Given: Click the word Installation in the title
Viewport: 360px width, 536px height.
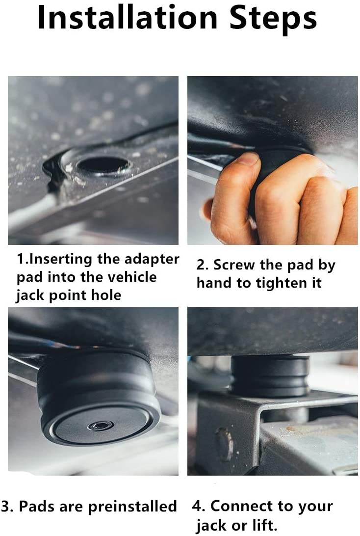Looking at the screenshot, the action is [x=128, y=17].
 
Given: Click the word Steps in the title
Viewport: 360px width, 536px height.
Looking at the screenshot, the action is [x=273, y=19].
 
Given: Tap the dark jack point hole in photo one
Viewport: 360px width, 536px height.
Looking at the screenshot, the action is [x=103, y=165].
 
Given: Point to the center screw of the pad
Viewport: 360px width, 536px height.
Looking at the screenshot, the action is [x=101, y=426].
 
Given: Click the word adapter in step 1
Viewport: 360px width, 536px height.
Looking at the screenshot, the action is [x=152, y=260].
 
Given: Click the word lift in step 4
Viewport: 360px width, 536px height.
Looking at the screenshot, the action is [x=265, y=525].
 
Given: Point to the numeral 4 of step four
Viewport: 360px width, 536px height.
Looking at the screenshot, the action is [x=197, y=506].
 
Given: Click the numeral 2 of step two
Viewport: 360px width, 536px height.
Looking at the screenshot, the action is [x=201, y=266].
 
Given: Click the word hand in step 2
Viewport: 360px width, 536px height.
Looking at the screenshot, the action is [x=219, y=283].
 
